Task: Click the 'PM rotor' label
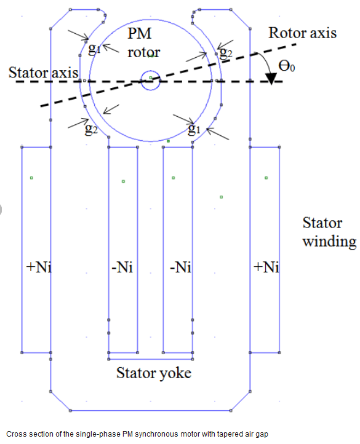[143, 43]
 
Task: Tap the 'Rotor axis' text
[302, 33]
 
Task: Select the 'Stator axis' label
[43, 73]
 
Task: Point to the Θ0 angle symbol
[287, 66]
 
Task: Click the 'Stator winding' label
[329, 232]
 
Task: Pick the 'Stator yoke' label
[154, 373]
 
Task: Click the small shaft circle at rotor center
[151, 81]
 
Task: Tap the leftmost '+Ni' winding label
[39, 267]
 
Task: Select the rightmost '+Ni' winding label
[266, 267]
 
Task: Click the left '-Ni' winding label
[122, 267]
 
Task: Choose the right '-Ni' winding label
[180, 267]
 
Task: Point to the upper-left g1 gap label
[95, 49]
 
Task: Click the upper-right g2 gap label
[226, 52]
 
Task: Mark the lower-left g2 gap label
[91, 129]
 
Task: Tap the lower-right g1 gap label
[194, 129]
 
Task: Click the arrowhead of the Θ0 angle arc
[271, 79]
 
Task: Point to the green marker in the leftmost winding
[31, 178]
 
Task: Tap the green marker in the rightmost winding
[266, 178]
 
